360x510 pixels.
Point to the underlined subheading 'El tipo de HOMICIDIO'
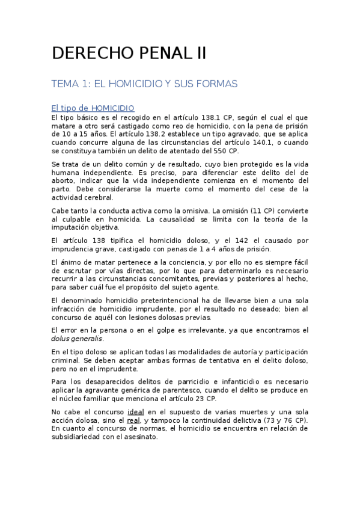click(93, 108)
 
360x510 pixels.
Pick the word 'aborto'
click(64, 180)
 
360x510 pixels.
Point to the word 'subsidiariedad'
click(82, 437)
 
